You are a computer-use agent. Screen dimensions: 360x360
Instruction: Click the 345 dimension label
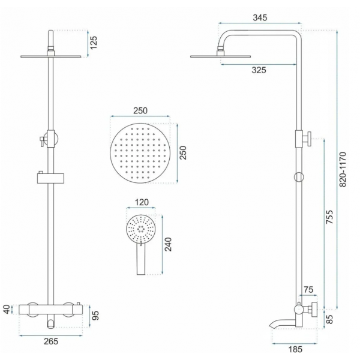click(260, 17)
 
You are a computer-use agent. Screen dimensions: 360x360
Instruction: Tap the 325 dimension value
click(259, 70)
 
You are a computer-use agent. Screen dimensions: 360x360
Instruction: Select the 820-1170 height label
click(343, 169)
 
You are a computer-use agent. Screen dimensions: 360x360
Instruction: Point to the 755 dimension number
click(329, 217)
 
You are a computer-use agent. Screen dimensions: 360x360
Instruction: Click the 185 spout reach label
click(295, 349)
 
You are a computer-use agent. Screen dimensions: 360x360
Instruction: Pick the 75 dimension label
click(308, 290)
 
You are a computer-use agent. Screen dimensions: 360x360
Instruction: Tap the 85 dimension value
click(329, 319)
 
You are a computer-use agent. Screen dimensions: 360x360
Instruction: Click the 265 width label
click(51, 341)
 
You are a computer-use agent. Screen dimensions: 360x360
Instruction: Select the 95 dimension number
click(95, 315)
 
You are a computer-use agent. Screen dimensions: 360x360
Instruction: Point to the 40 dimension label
click(7, 309)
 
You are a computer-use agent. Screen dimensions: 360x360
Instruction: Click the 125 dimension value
click(94, 43)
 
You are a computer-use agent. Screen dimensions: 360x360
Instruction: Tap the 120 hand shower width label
click(142, 202)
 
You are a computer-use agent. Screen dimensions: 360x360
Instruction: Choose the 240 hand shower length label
click(168, 244)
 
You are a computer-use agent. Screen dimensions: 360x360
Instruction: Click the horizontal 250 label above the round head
click(140, 110)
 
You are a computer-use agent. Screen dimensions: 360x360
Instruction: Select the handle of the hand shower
click(141, 259)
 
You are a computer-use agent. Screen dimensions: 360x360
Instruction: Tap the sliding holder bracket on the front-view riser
click(51, 178)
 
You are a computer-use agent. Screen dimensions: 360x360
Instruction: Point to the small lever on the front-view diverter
click(41, 142)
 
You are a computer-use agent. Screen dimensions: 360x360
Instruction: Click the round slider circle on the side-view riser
click(299, 177)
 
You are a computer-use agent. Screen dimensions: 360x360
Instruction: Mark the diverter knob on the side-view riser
click(307, 139)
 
